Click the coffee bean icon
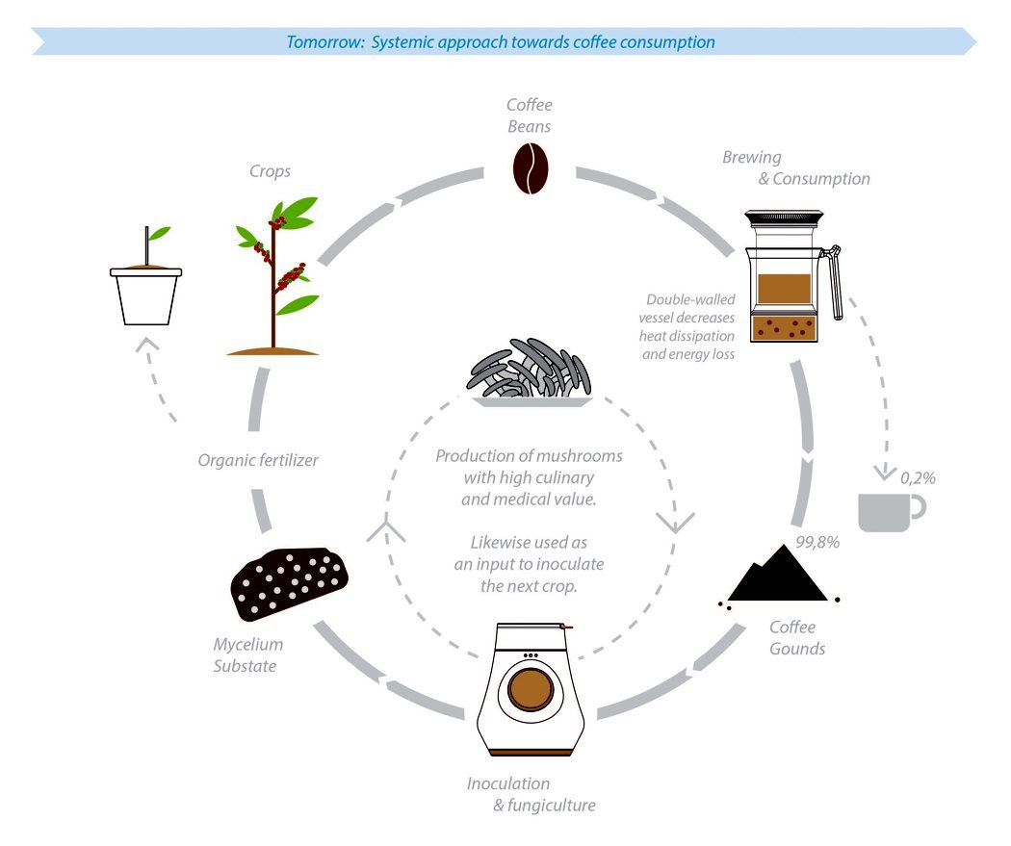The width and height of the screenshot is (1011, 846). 529,168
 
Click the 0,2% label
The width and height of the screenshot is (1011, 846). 918,477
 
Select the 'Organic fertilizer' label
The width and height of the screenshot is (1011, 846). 257,460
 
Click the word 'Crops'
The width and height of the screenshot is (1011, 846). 270,171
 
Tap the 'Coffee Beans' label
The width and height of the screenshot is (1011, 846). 529,115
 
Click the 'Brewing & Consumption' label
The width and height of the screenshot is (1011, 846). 795,167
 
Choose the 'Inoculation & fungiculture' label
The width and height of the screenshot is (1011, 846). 531,794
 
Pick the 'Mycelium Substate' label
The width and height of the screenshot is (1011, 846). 248,654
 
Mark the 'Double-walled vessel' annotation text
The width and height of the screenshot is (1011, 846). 689,326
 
